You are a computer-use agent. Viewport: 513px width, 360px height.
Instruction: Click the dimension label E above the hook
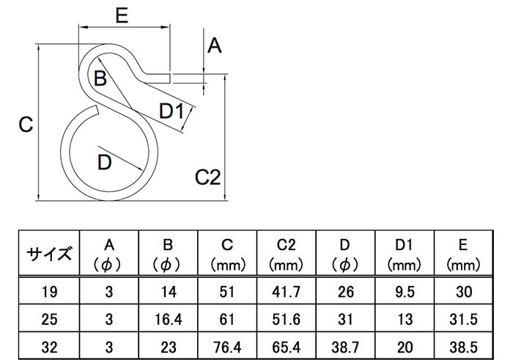(122, 15)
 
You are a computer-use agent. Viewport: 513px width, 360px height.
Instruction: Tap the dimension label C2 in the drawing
(207, 177)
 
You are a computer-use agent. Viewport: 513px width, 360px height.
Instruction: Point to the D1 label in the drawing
(171, 111)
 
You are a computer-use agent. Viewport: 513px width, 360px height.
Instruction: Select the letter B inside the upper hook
(100, 78)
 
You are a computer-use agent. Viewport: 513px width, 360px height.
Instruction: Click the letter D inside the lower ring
(105, 162)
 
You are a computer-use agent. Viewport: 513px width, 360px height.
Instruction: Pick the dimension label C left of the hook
(26, 125)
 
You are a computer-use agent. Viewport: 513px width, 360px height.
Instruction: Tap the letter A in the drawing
(215, 45)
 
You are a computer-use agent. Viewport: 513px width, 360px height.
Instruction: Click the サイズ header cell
(49, 253)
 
